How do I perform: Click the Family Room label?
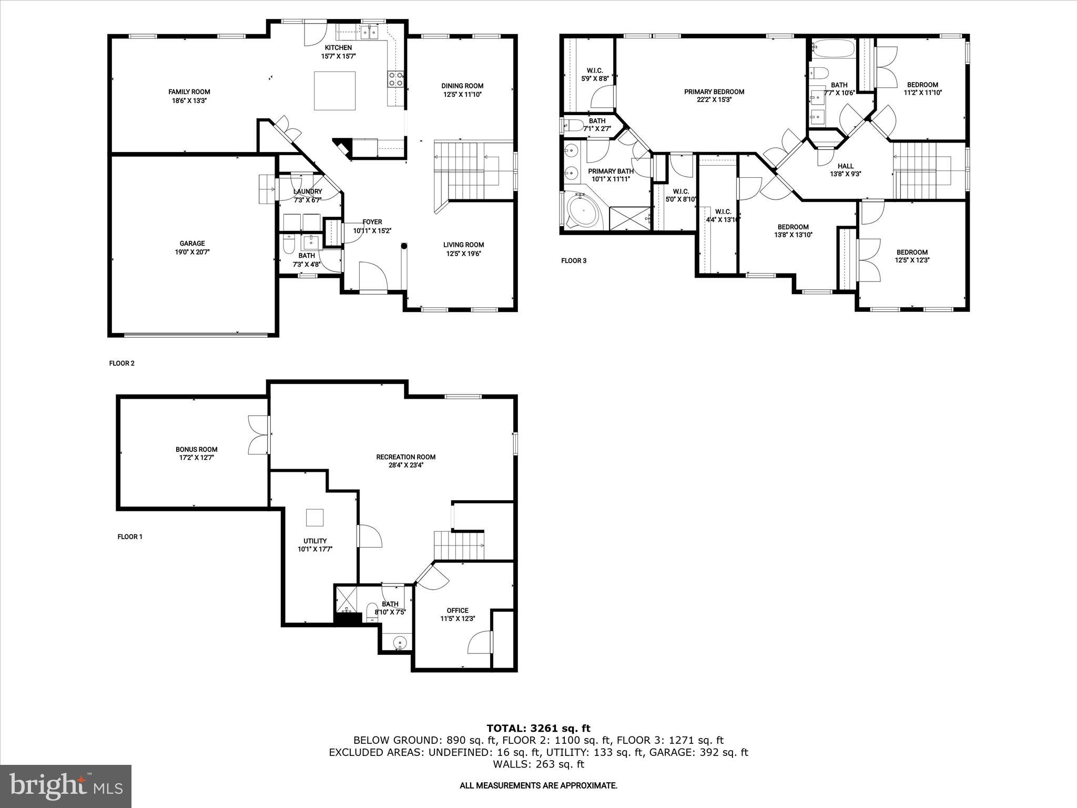click(189, 92)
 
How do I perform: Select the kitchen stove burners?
click(396, 79)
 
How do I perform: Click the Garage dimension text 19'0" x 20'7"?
click(192, 252)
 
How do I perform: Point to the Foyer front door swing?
click(373, 276)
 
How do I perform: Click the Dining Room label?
click(462, 86)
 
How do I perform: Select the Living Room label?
click(463, 245)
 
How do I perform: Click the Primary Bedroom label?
click(714, 92)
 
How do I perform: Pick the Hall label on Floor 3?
click(846, 166)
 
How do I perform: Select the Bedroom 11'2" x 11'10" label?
click(922, 85)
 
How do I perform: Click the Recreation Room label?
click(406, 457)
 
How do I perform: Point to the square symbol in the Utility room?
click(315, 517)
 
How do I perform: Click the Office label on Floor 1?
click(458, 610)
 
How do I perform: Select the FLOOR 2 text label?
click(122, 363)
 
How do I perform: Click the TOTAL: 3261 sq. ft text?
click(538, 728)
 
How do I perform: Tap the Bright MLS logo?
click(66, 786)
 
